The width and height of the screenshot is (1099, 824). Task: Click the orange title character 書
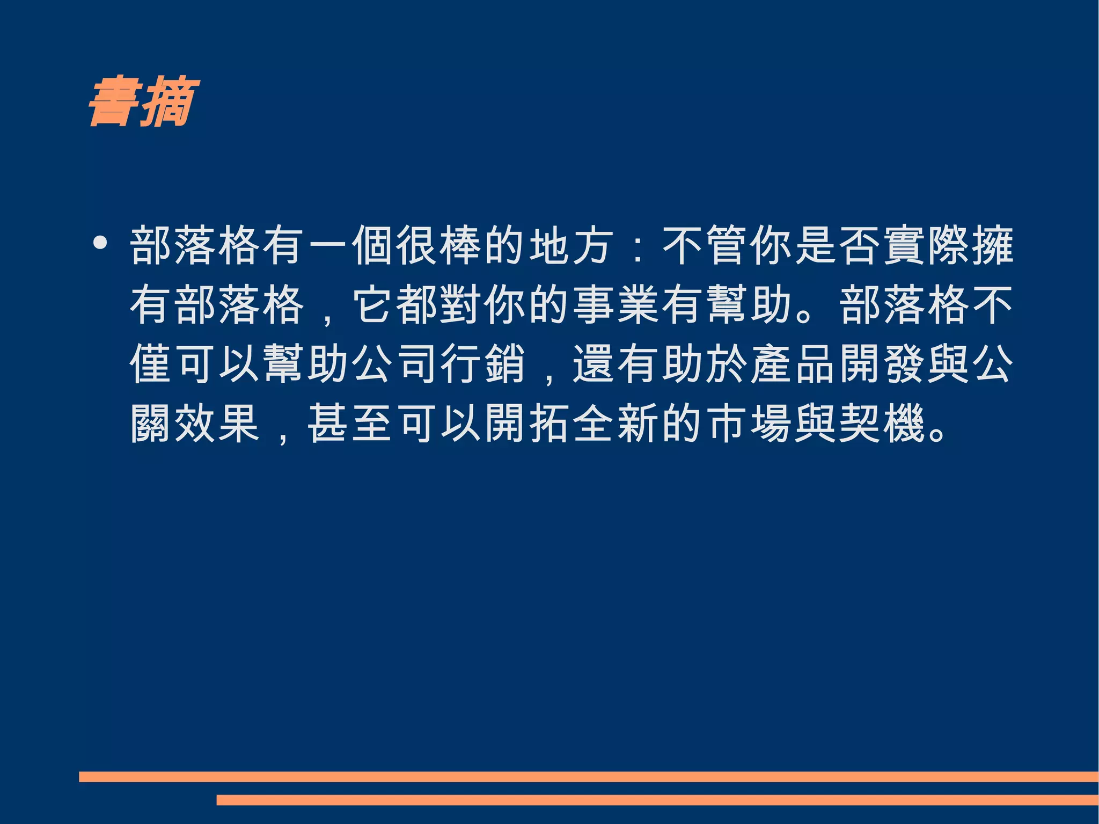(x=114, y=102)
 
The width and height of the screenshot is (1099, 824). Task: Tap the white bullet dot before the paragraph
(x=100, y=243)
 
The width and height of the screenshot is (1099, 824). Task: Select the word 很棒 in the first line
(x=438, y=246)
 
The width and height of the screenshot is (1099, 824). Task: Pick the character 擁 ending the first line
(x=992, y=246)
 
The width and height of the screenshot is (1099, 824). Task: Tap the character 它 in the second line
(x=373, y=305)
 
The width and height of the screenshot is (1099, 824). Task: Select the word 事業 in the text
(x=616, y=305)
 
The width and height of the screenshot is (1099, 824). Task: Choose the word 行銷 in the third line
(x=482, y=364)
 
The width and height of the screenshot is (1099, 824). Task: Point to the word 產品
(x=793, y=364)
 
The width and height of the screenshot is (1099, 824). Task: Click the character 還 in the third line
(x=593, y=364)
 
